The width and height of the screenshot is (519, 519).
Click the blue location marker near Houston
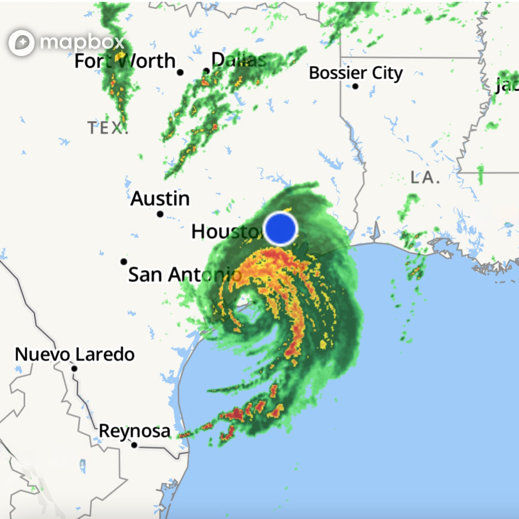(280, 228)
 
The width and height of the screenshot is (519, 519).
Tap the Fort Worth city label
(125, 61)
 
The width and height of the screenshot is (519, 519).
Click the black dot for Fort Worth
(180, 72)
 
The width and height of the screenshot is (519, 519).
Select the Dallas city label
(239, 60)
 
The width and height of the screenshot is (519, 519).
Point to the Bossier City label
(356, 73)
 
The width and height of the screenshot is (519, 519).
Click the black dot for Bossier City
(355, 86)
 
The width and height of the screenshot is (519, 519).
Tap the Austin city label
(160, 198)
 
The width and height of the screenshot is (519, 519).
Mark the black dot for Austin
(160, 214)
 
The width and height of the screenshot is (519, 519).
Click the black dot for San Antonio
(123, 261)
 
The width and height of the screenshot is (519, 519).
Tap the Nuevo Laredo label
(75, 354)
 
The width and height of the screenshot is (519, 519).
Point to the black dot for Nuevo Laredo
(75, 369)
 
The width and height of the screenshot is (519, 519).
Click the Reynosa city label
(134, 431)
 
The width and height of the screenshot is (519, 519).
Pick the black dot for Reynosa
(134, 445)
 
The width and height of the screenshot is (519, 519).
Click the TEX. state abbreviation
(108, 128)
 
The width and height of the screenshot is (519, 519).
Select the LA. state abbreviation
(425, 177)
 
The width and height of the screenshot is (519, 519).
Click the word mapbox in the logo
(82, 42)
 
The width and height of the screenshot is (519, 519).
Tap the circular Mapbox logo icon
(21, 42)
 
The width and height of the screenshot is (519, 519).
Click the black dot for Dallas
(206, 71)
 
